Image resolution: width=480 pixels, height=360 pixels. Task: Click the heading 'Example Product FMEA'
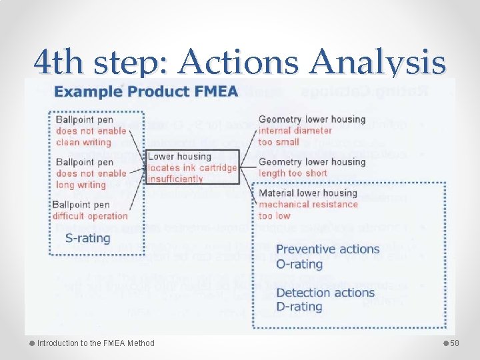(x=146, y=91)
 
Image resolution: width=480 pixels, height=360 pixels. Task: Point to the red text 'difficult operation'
(x=90, y=215)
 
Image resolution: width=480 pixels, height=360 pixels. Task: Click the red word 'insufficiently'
(x=175, y=179)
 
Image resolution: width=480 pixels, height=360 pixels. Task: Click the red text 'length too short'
(x=293, y=173)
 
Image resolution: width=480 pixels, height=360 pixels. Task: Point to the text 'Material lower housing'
(x=308, y=193)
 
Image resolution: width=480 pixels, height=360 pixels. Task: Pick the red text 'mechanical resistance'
(x=308, y=204)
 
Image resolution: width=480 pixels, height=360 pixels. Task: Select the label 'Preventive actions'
(x=327, y=249)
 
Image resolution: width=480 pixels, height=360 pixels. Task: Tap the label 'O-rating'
(x=299, y=264)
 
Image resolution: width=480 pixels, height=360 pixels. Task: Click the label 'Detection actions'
(x=325, y=293)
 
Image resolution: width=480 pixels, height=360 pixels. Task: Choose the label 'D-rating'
(x=299, y=307)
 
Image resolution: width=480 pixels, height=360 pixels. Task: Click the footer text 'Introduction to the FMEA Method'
(x=95, y=343)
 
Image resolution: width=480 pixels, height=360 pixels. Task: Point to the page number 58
(x=455, y=343)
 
